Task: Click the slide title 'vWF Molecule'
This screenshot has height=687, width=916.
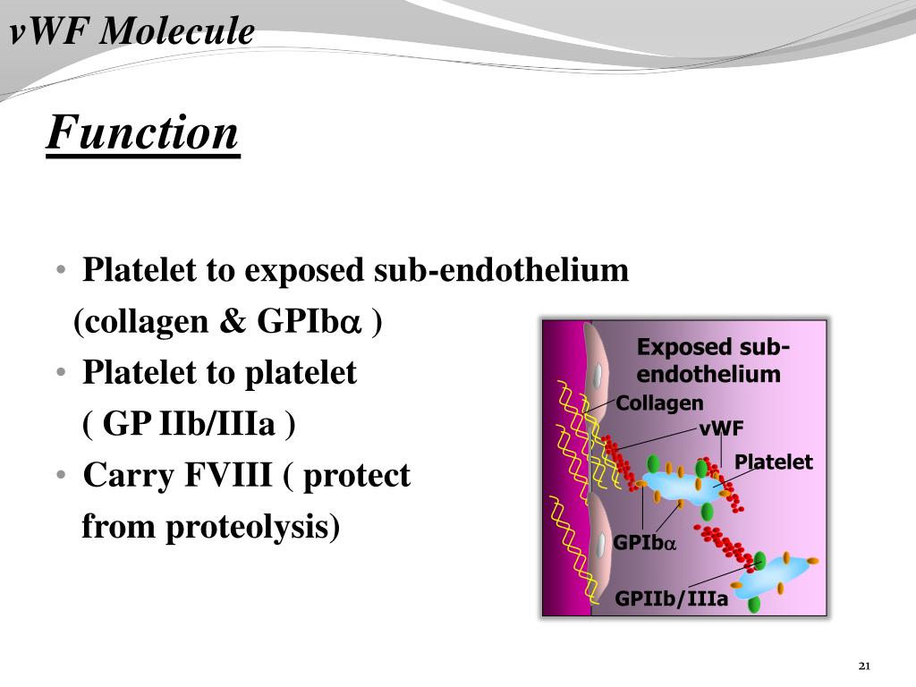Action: pyautogui.click(x=132, y=33)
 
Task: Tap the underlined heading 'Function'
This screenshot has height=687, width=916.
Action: pyautogui.click(x=143, y=133)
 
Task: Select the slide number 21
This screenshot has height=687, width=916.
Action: pyautogui.click(x=863, y=666)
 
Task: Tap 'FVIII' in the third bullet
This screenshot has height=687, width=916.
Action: pyautogui.click(x=228, y=475)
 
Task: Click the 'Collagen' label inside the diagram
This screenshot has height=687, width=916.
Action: pyautogui.click(x=659, y=403)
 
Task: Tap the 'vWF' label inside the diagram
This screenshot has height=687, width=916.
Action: pyautogui.click(x=721, y=428)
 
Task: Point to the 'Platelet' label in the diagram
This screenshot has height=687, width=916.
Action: pyautogui.click(x=773, y=462)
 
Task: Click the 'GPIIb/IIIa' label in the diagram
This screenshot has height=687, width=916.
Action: pyautogui.click(x=671, y=598)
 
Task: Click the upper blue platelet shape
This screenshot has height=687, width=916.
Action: pyautogui.click(x=684, y=488)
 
